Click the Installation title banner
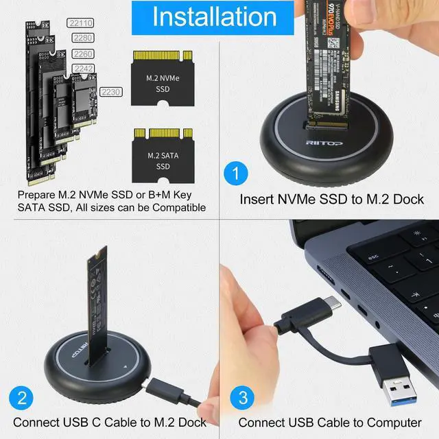219,17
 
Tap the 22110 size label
82,22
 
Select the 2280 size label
82,38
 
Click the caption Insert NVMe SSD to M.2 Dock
332,200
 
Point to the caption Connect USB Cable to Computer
330,423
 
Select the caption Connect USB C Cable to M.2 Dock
110,423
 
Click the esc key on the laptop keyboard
374,257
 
